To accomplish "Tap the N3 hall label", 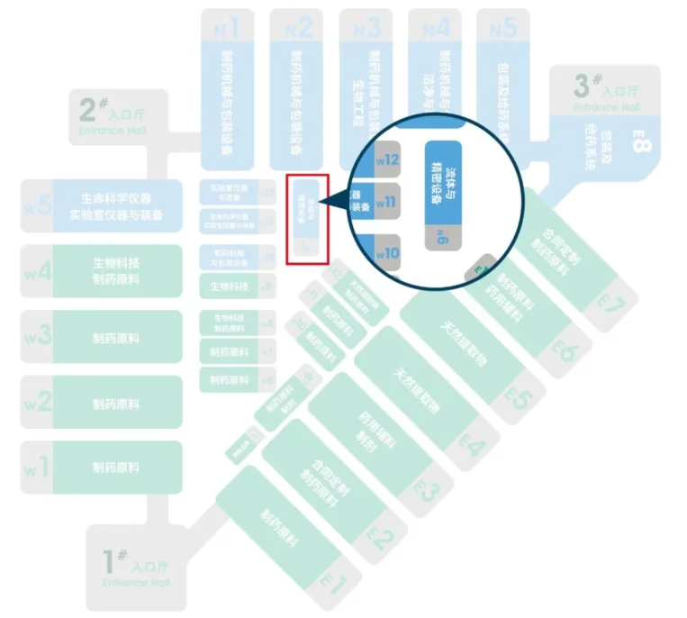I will (x=366, y=28).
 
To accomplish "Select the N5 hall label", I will (x=502, y=28).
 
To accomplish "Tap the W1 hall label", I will (x=36, y=468).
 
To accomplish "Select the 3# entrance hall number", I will (x=583, y=86).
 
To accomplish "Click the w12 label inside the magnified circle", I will (x=387, y=159).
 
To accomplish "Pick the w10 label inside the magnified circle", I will (x=387, y=253).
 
